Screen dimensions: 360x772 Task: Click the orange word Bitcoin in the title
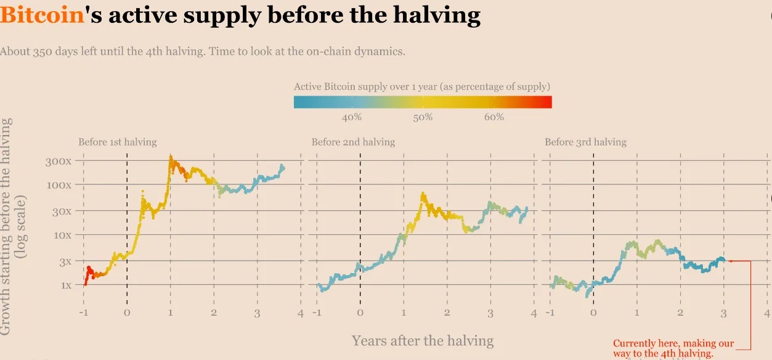click(42, 15)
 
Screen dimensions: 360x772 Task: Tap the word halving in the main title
click(439, 15)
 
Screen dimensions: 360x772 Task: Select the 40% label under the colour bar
click(351, 117)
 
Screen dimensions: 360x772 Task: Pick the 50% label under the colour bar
click(423, 117)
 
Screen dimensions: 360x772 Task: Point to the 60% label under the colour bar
click(494, 117)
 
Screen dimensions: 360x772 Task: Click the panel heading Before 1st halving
click(117, 142)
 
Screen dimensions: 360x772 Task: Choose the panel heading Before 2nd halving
click(353, 142)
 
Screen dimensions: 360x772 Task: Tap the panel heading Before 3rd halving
click(585, 142)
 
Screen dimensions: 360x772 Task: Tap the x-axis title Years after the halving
click(422, 340)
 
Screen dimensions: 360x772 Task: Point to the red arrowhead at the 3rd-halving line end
click(730, 261)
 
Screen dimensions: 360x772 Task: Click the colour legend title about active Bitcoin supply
click(422, 86)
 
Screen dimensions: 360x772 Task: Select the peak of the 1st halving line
click(170, 157)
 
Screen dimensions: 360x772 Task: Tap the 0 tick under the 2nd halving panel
click(360, 313)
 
